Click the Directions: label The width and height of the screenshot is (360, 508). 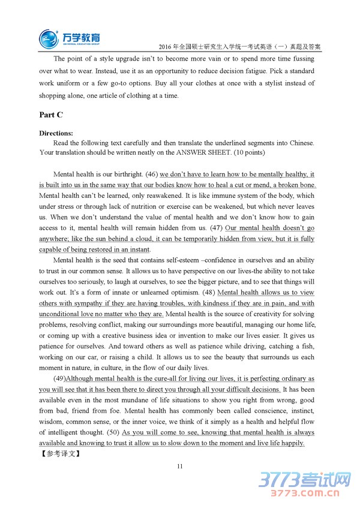(56, 133)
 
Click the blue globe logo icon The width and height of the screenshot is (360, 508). (49, 38)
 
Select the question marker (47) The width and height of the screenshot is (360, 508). (215, 228)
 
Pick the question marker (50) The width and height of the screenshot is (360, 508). (112, 432)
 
